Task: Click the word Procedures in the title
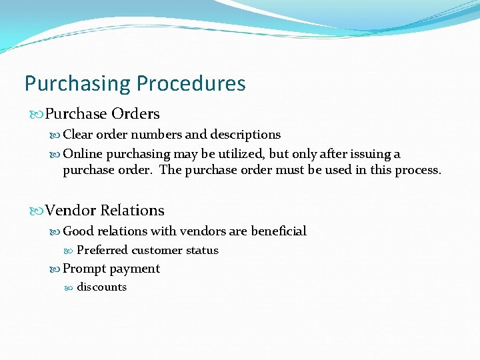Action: click(191, 84)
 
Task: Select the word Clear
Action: click(78, 135)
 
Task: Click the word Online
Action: click(83, 154)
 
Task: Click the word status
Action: click(202, 251)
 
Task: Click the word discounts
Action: click(101, 287)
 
